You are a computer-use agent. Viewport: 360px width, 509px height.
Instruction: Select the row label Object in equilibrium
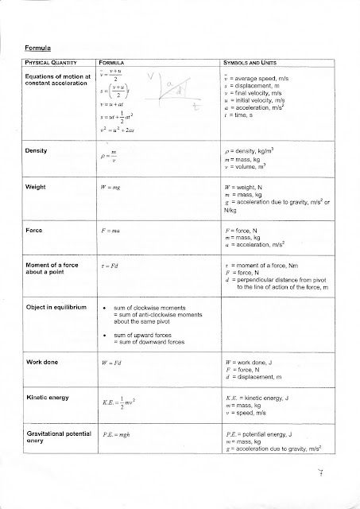56,308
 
